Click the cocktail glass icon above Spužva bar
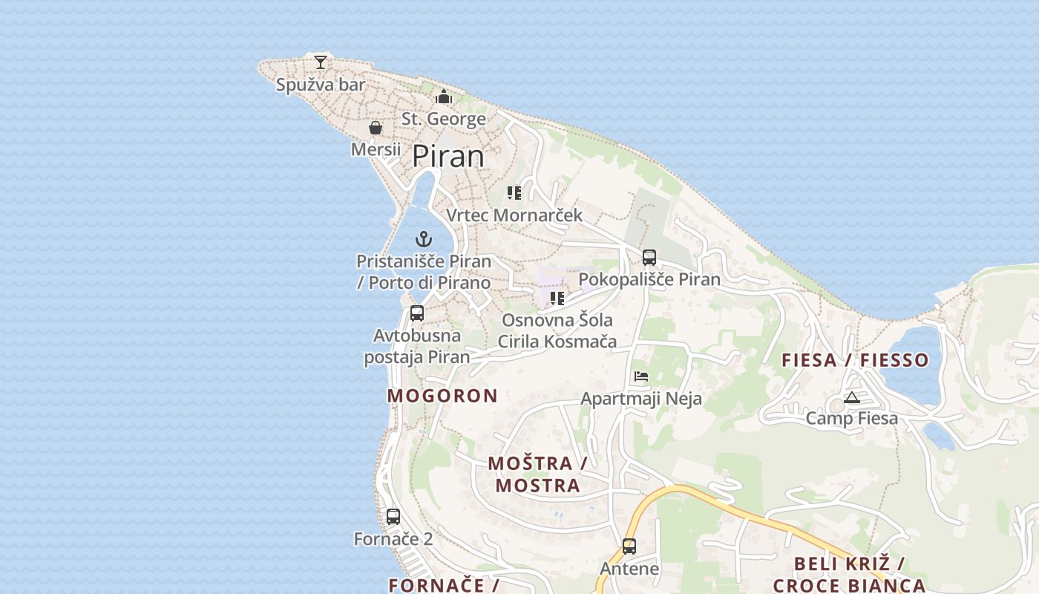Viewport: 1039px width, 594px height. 321,62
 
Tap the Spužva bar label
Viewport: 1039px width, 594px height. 321,85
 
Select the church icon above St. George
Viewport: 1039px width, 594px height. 444,97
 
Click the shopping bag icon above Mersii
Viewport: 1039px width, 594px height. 376,128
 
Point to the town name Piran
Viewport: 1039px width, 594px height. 448,157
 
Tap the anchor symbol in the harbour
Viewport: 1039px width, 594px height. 424,239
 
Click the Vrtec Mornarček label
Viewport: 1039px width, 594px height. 514,215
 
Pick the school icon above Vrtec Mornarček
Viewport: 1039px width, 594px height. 514,193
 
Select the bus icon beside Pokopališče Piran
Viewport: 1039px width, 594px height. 649,258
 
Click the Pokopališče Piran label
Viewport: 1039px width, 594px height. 649,279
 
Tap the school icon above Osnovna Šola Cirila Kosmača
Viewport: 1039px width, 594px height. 557,298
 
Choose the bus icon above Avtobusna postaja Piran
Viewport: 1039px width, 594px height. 417,313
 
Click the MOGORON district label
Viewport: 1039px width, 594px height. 442,396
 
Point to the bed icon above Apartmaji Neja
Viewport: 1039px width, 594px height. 641,376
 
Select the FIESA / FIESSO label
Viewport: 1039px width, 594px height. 855,360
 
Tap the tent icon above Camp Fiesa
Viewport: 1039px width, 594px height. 851,397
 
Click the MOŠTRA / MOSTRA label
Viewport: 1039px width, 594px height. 537,474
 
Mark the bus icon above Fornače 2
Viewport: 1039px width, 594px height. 393,516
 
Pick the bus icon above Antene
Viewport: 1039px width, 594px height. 629,546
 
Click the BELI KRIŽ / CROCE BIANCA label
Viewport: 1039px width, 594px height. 849,574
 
